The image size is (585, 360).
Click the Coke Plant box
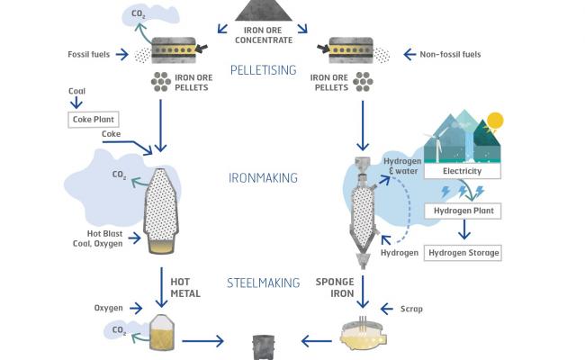click(94, 119)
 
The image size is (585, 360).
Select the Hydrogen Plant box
click(463, 211)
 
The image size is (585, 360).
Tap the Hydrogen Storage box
click(463, 253)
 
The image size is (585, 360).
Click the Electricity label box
click(463, 170)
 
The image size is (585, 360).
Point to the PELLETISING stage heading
click(265, 69)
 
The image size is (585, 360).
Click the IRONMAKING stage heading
click(263, 178)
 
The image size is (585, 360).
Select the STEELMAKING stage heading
click(264, 283)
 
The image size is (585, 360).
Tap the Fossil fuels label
click(88, 55)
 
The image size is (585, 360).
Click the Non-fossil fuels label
click(450, 55)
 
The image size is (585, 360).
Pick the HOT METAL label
click(185, 287)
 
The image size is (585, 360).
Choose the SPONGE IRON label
click(334, 287)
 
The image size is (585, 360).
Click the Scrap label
click(410, 309)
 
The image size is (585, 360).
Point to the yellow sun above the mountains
click(493, 121)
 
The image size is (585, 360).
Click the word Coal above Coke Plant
click(77, 92)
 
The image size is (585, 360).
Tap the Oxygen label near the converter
click(109, 309)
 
